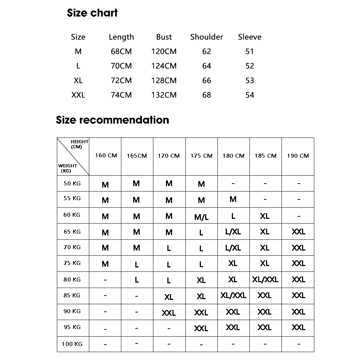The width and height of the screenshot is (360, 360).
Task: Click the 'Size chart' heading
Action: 92,13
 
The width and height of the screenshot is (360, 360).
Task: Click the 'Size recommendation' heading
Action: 112,120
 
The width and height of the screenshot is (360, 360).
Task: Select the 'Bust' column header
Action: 164,37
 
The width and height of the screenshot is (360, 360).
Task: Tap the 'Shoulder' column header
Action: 207,37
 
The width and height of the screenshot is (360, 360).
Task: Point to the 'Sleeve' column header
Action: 249,37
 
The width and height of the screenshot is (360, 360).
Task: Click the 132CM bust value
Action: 164,95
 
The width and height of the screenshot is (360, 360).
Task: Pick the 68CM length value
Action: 121,51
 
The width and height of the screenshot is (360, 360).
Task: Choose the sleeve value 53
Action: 249,81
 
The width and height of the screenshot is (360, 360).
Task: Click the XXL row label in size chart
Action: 78,95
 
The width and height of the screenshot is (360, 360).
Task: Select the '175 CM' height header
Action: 201,156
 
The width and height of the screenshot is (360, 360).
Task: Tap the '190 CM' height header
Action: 298,156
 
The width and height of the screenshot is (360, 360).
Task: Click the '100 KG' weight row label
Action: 72,344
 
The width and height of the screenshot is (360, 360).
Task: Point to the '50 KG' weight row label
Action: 72,183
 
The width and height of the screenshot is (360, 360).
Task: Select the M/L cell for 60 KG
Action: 201,217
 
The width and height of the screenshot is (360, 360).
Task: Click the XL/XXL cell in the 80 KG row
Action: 265,279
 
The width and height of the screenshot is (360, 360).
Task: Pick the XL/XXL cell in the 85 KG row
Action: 233,296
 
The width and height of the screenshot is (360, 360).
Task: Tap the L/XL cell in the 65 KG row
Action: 233,232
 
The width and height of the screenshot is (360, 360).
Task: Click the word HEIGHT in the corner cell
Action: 79,142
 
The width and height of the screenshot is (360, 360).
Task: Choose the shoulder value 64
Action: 207,66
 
